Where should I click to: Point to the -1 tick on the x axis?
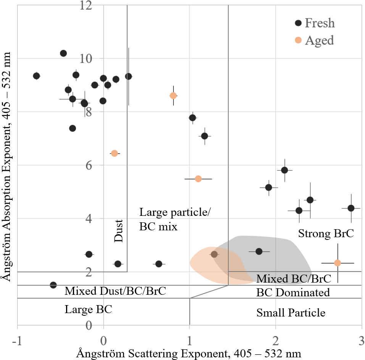point(17,339)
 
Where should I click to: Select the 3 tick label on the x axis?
point(361,339)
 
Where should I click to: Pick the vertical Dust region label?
point(119,230)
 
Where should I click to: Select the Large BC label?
point(88,309)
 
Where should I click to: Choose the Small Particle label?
point(291,313)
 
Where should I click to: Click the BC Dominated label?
point(293,292)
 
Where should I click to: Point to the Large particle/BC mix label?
point(174,220)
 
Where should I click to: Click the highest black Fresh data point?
point(63,53)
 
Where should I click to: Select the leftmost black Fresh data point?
point(36,76)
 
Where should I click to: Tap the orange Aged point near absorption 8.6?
point(173,95)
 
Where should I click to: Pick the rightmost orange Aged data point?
point(338,263)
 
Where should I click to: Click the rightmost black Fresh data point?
point(351,208)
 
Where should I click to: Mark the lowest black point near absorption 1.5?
point(53,285)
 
